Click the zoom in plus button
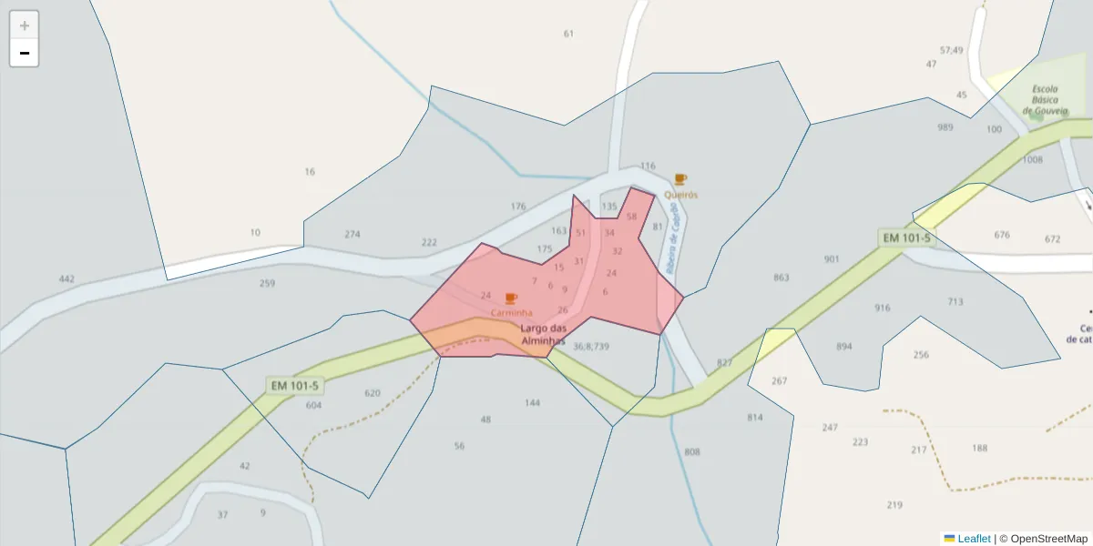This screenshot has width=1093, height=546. (x=25, y=25)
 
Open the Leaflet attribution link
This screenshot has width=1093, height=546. (x=972, y=539)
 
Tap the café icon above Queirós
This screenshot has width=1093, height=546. (x=680, y=179)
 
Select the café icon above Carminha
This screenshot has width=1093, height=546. (x=511, y=298)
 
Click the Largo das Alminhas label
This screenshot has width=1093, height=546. (x=544, y=334)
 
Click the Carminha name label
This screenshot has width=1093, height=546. (x=511, y=313)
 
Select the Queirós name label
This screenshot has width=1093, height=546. (x=681, y=195)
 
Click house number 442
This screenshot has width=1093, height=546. (x=66, y=278)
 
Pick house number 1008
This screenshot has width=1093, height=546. (x=1032, y=160)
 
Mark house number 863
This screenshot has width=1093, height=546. (x=781, y=278)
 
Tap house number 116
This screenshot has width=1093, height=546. (x=648, y=167)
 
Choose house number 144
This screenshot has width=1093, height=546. (x=533, y=402)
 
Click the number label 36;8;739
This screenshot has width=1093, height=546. (x=591, y=346)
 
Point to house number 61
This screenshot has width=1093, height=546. (x=569, y=34)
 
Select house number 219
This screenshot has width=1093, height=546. (x=894, y=505)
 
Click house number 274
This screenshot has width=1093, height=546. (x=352, y=235)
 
